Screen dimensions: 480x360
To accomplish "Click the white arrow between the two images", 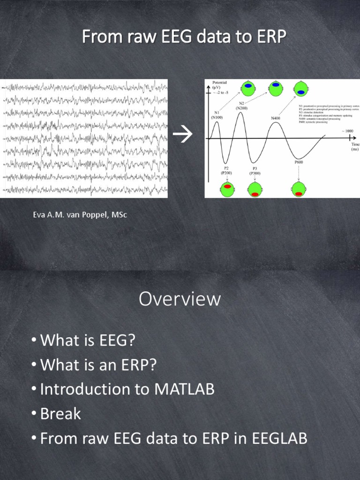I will point(183,136).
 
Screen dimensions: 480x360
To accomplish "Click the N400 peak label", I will point(276,118).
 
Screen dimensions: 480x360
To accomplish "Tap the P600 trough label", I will point(299,162).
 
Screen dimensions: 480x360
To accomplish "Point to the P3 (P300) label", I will point(255,171).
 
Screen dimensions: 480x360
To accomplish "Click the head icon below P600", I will point(299,190).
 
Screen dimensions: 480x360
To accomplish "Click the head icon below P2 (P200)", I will point(227,189).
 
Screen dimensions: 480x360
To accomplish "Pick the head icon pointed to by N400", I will point(300,89).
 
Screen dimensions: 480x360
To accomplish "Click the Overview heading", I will point(180,299).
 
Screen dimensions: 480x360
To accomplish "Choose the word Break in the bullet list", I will point(60,414).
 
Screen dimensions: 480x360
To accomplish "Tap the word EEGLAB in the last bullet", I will point(280,439).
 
